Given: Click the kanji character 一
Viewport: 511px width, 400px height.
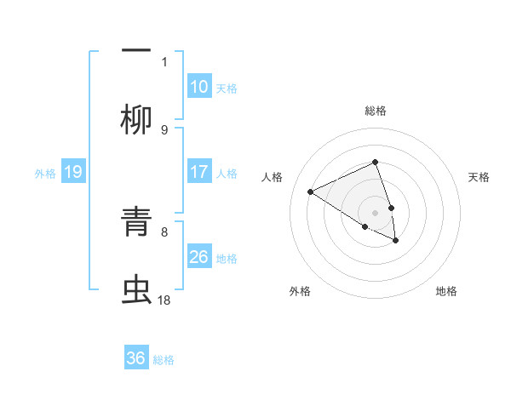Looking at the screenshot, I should (136, 49).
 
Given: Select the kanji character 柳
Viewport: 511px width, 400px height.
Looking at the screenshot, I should (136, 119).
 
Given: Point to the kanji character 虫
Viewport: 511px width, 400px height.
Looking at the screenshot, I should (136, 291).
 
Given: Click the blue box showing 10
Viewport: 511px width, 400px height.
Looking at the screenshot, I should (199, 87).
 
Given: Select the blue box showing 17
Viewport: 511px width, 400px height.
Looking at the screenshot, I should (199, 172).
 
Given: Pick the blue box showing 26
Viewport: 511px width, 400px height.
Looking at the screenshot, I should (199, 257).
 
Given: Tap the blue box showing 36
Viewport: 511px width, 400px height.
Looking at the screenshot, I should (136, 358).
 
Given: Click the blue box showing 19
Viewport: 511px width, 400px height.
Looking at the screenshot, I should (73, 173).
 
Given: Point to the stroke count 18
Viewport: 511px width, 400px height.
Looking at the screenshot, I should (164, 300).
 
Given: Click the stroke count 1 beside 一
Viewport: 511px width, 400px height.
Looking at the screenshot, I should (164, 60).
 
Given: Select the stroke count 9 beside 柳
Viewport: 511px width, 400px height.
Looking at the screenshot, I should (164, 129).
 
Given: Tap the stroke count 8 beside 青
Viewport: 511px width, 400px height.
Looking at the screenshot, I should (164, 231).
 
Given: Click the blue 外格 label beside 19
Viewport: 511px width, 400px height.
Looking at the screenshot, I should (45, 174).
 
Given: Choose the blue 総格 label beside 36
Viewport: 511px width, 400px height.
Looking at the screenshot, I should (164, 360).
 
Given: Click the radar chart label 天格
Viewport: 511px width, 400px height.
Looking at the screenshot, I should (479, 177).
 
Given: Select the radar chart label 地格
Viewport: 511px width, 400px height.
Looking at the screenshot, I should (446, 291).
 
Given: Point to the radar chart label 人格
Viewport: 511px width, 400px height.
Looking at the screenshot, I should (273, 177).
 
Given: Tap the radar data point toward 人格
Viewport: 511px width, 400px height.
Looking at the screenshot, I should (311, 192).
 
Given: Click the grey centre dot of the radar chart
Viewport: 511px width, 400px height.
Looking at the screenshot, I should (375, 212).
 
